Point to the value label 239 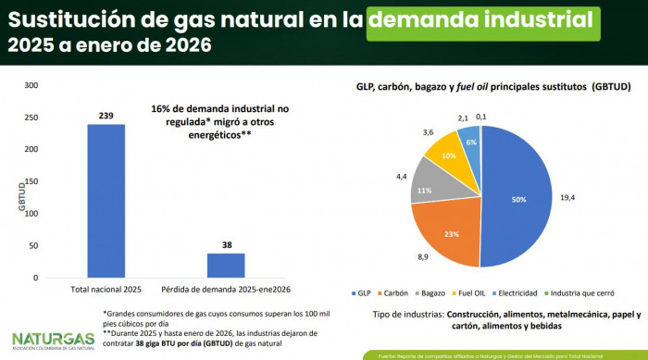click(106, 116)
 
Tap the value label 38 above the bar click(226, 245)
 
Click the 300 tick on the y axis click(31, 85)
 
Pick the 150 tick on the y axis click(31, 181)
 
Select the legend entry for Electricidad click(539, 292)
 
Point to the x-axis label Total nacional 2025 click(106, 288)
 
